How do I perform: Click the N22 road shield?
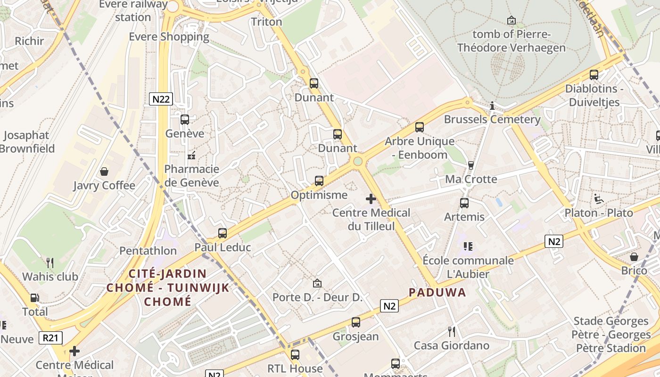point(161,99)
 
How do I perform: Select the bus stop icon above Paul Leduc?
point(223,233)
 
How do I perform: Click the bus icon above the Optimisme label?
point(319,180)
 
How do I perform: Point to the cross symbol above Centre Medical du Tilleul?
point(371,199)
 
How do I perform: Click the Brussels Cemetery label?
point(492,119)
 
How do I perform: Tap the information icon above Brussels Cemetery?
point(492,106)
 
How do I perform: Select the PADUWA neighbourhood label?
point(437,293)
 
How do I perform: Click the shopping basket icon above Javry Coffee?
point(104,172)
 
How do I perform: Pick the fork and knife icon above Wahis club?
point(50,262)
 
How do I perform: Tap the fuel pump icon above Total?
point(35,298)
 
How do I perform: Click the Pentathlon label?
point(148,251)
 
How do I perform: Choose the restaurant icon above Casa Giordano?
point(452,332)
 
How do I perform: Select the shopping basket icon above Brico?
point(634,257)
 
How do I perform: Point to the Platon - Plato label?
point(599,213)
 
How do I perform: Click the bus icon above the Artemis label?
point(464,203)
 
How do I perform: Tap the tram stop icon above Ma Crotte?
point(470,165)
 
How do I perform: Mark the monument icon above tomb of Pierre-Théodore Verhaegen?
point(511,20)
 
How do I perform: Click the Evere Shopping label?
point(169,37)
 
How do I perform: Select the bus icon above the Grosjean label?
point(356,322)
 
